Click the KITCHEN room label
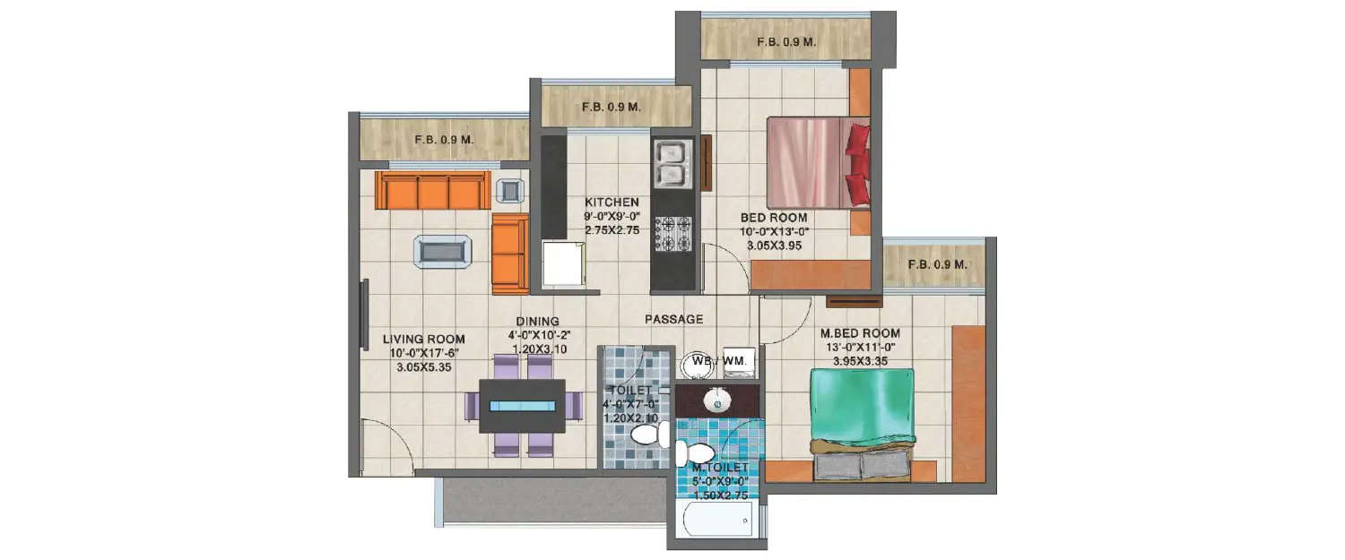pyautogui.click(x=612, y=202)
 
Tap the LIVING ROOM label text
pyautogui.click(x=423, y=339)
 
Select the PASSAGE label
pyautogui.click(x=673, y=319)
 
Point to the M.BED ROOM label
pyautogui.click(x=860, y=333)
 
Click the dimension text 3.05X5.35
pyautogui.click(x=423, y=367)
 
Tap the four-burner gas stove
pyautogui.click(x=672, y=234)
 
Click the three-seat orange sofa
pyautogui.click(x=432, y=190)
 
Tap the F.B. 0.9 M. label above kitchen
pyautogui.click(x=611, y=107)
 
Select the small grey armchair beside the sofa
pyautogui.click(x=511, y=190)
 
